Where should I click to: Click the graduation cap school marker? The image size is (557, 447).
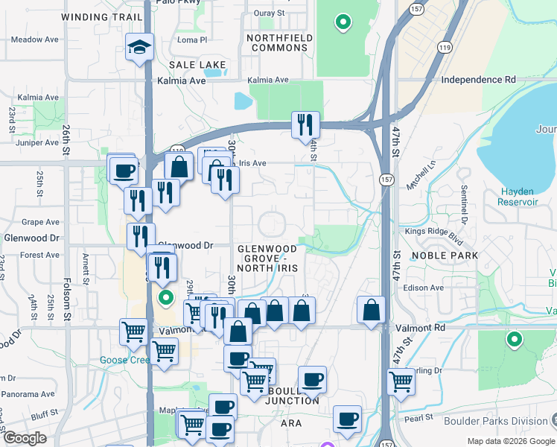click(x=140, y=48)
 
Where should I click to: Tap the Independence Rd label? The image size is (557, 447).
click(x=479, y=80)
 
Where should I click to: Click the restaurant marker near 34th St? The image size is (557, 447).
click(x=305, y=124)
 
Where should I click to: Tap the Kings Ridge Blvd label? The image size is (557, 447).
click(x=429, y=232)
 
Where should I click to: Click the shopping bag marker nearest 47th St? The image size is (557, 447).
click(x=371, y=311)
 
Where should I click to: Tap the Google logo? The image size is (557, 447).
click(x=25, y=437)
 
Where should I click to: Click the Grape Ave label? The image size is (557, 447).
click(x=40, y=222)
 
